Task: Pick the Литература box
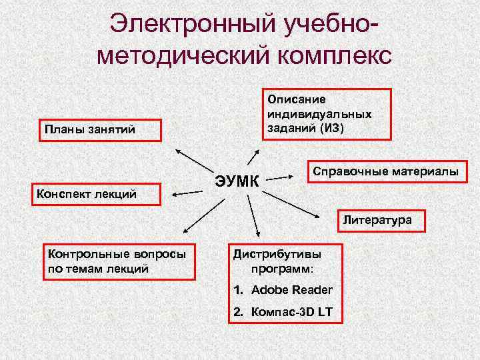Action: (377, 219)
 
